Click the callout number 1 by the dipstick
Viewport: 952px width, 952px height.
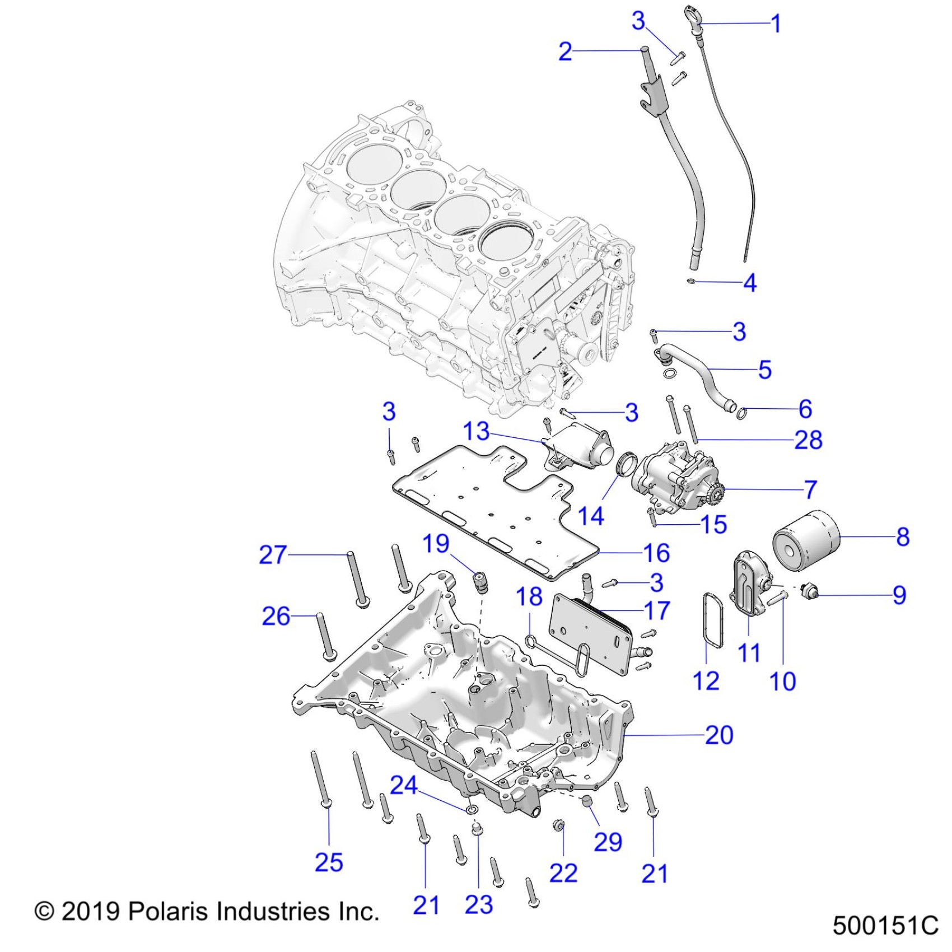tap(776, 24)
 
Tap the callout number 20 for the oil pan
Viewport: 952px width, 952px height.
tap(719, 735)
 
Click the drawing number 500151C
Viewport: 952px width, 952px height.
tap(885, 925)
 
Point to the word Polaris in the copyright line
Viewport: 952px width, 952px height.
tap(169, 911)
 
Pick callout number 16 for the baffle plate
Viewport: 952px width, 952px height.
tap(656, 553)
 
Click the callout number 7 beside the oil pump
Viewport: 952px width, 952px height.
tap(810, 489)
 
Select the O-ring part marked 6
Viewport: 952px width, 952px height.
tap(741, 414)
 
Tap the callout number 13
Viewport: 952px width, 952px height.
tap(476, 431)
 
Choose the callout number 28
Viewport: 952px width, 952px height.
tap(808, 440)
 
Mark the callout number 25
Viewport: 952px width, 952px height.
tap(329, 862)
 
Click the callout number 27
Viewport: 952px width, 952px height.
tap(273, 554)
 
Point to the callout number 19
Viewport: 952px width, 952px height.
tap(436, 543)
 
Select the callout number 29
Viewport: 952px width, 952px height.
tap(608, 842)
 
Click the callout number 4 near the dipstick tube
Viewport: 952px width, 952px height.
tap(750, 283)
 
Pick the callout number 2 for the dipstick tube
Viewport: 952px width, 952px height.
tap(566, 52)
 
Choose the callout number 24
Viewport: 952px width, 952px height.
tap(403, 785)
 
